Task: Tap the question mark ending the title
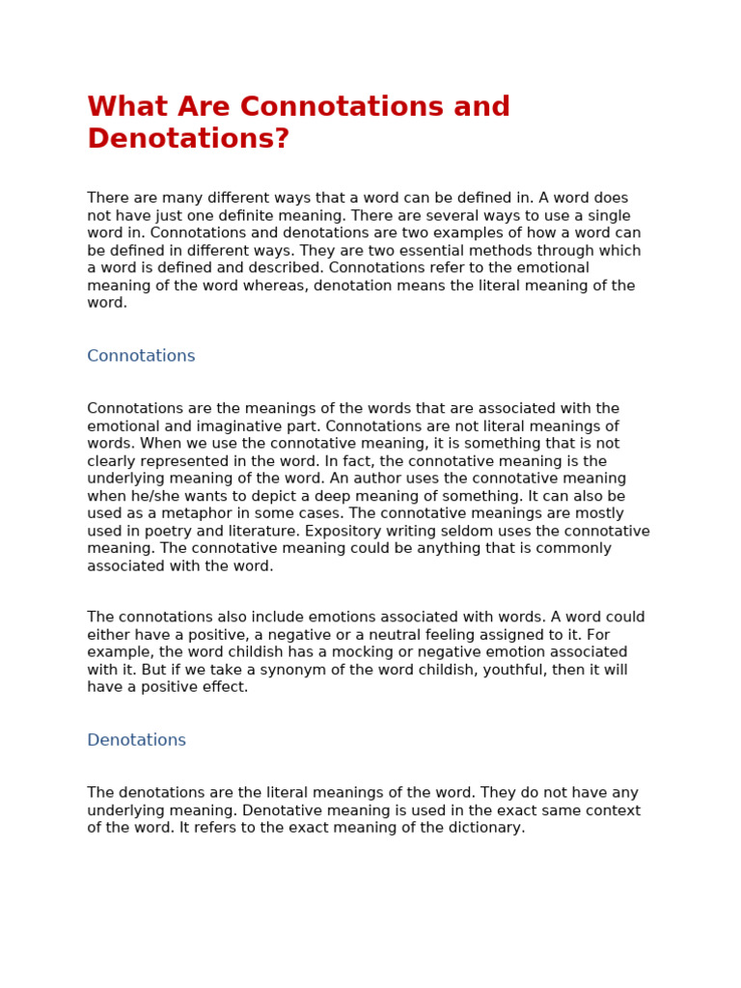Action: (x=282, y=140)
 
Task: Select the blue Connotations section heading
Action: (x=141, y=356)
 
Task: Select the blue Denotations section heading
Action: (x=136, y=740)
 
